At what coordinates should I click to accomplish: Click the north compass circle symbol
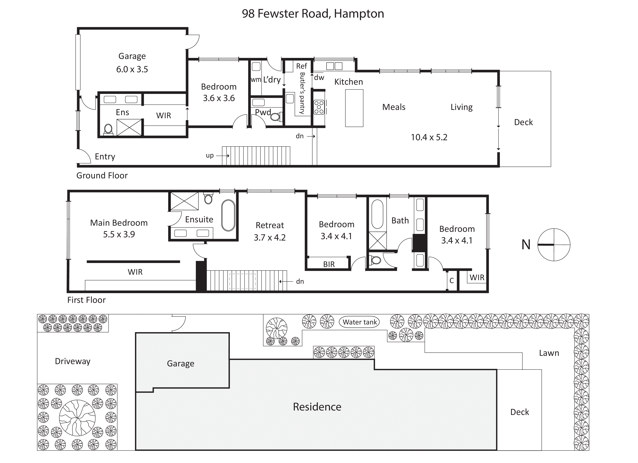(x=554, y=245)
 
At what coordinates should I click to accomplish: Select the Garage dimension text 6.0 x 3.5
(x=132, y=69)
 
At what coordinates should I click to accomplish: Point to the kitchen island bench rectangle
(x=354, y=108)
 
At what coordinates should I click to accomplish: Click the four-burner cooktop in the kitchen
(x=319, y=107)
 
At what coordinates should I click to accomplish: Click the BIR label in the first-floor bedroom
(x=329, y=264)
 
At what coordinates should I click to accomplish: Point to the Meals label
(x=394, y=107)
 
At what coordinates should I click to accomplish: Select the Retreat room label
(x=269, y=225)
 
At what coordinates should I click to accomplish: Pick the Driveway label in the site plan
(x=73, y=361)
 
